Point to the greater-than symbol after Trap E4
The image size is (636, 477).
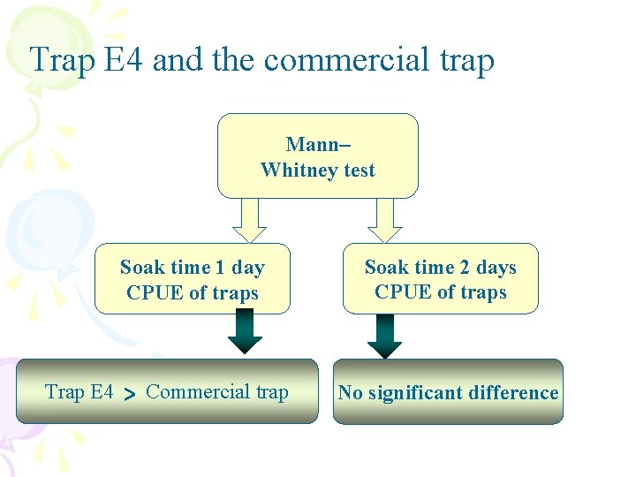click(x=129, y=394)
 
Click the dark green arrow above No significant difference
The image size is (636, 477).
click(x=384, y=335)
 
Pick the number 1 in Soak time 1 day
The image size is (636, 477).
click(x=220, y=268)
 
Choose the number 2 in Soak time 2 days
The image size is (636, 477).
click(x=465, y=268)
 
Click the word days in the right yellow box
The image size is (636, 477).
click(x=496, y=268)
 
